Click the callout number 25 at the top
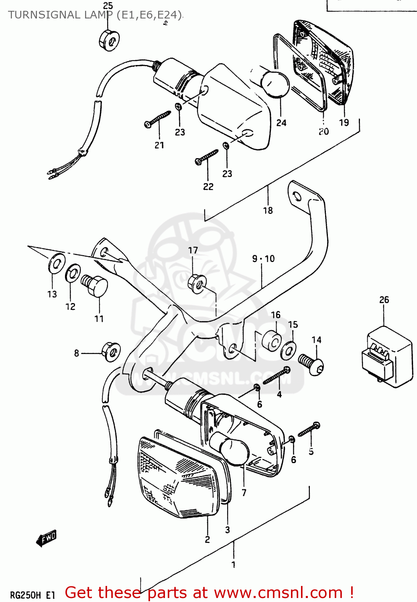click(108, 6)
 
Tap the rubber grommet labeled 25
click(109, 40)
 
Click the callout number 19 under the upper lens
click(344, 123)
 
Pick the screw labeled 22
click(206, 157)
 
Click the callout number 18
click(268, 210)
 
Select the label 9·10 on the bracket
click(263, 259)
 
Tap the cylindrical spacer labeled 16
click(272, 341)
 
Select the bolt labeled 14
click(312, 364)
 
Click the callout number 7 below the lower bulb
click(244, 492)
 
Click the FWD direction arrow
click(46, 538)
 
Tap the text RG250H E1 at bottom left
click(32, 595)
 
